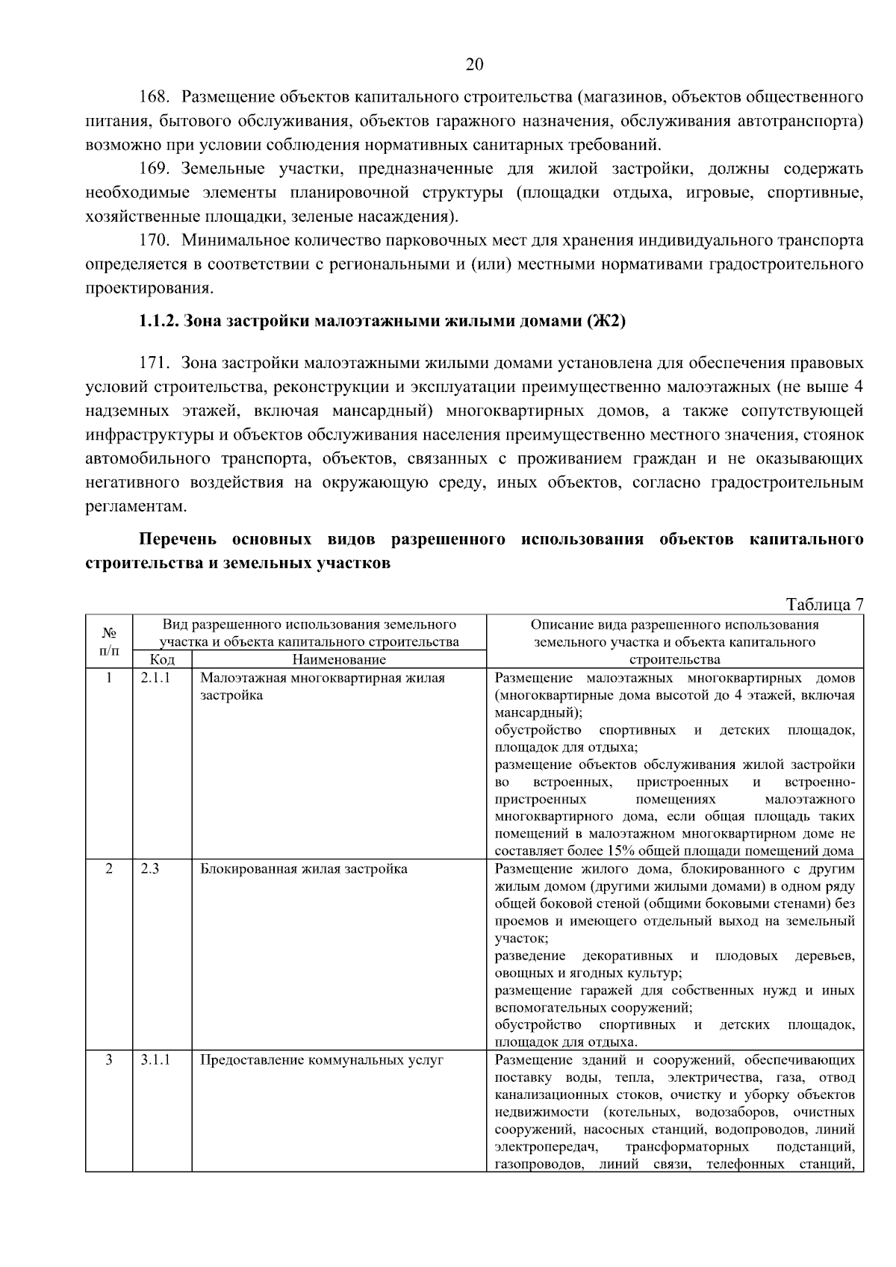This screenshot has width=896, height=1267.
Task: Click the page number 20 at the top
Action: [x=474, y=65]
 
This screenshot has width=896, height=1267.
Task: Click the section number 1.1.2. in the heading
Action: [x=158, y=322]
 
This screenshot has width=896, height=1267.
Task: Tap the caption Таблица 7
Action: [x=824, y=604]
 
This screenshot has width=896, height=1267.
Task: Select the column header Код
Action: [x=162, y=659]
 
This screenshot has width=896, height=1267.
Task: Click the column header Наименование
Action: [x=339, y=659]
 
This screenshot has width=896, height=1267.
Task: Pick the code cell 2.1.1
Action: [x=155, y=678]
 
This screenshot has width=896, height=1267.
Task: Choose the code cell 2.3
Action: [x=149, y=869]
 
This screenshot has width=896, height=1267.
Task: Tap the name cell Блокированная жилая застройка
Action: [x=304, y=869]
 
